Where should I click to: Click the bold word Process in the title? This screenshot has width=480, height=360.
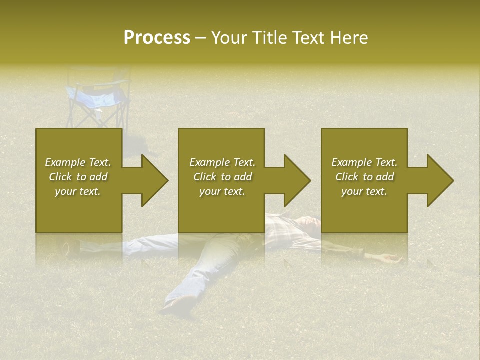pyautogui.click(x=157, y=37)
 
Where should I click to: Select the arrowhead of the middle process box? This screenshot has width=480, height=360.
pyautogui.click(x=296, y=180)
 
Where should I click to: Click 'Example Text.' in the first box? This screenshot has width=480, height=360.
pyautogui.click(x=78, y=162)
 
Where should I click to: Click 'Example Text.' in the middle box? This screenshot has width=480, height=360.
pyautogui.click(x=222, y=162)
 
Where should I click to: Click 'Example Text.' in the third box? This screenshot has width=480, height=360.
pyautogui.click(x=364, y=162)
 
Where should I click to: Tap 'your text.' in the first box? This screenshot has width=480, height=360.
pyautogui.click(x=78, y=191)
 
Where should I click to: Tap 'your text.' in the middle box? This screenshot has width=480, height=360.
pyautogui.click(x=222, y=191)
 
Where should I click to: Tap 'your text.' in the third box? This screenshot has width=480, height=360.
pyautogui.click(x=364, y=191)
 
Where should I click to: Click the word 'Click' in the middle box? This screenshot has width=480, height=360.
pyautogui.click(x=204, y=177)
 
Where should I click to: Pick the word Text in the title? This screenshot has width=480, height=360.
pyautogui.click(x=309, y=37)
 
